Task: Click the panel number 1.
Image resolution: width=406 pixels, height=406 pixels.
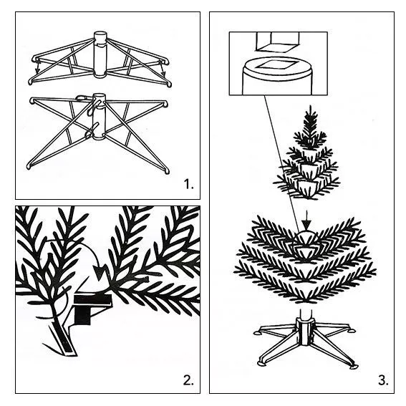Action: pyautogui.click(x=188, y=185)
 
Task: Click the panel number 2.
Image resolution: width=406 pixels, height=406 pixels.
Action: pyautogui.click(x=188, y=380)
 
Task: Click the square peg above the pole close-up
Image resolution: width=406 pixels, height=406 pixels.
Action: pyautogui.click(x=279, y=41)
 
